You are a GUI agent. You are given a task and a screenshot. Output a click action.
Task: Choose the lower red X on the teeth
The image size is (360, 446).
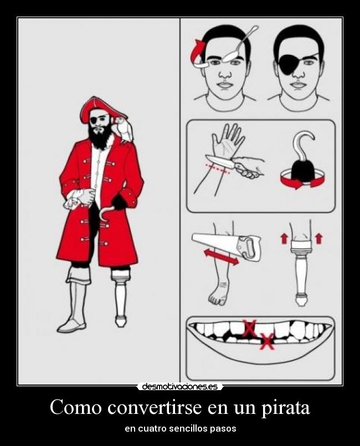click(268, 341)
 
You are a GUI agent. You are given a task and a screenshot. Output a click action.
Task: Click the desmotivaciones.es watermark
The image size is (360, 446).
click(180, 386)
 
